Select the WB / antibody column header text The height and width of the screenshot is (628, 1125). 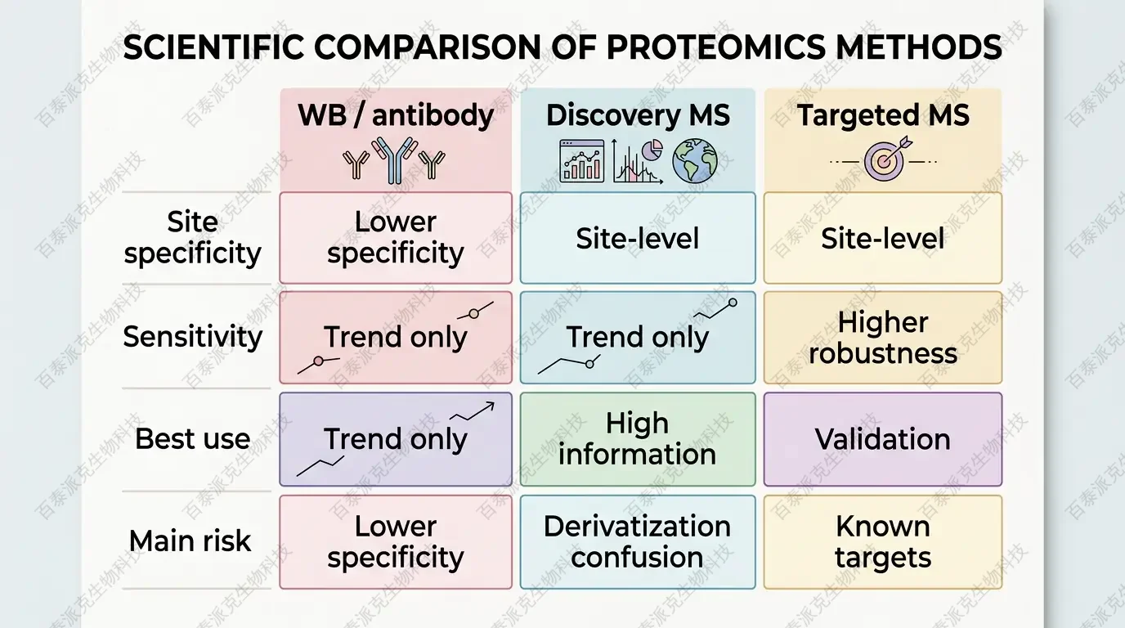(x=396, y=115)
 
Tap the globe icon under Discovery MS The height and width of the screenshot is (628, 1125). (x=694, y=160)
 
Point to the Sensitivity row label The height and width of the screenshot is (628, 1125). (x=193, y=336)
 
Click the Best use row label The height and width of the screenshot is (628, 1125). (x=193, y=439)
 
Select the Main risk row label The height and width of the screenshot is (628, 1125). (x=190, y=541)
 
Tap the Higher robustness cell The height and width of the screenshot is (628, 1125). (x=883, y=338)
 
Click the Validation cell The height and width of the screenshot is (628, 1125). (x=883, y=439)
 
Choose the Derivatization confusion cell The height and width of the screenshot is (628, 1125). (x=638, y=541)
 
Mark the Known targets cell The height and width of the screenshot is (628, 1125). (x=883, y=541)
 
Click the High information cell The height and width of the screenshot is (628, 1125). (x=638, y=439)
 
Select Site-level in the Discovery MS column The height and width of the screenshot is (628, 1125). (x=638, y=239)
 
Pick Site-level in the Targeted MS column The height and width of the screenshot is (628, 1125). (x=883, y=239)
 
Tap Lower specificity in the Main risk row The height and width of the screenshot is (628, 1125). (x=396, y=541)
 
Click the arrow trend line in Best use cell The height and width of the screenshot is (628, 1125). (x=473, y=411)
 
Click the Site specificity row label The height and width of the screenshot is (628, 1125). (x=193, y=238)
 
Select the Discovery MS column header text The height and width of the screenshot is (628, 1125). (x=638, y=115)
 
